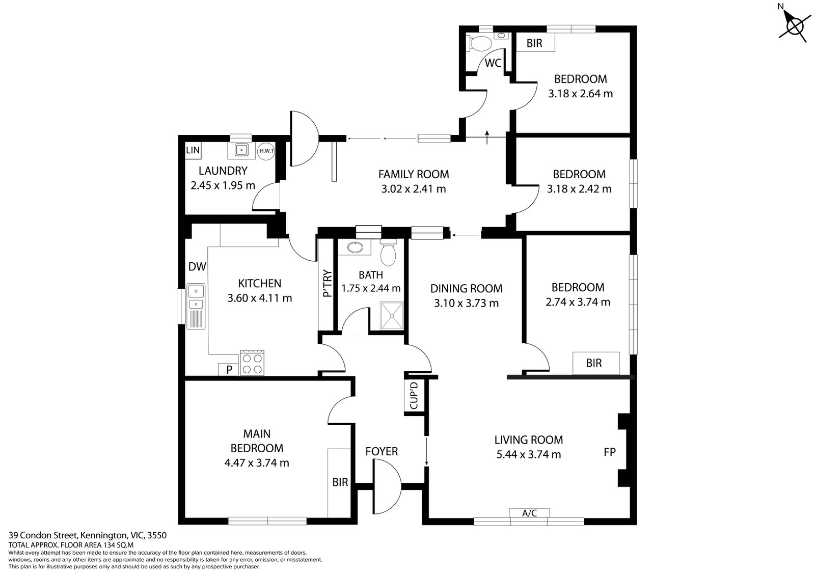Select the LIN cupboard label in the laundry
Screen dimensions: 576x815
pos(193,150)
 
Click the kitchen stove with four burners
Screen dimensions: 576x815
pos(252,363)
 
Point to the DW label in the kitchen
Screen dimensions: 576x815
pos(197,266)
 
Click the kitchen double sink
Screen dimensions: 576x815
pos(196,298)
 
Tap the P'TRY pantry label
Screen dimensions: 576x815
pos(327,284)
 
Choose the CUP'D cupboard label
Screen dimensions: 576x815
pos(414,396)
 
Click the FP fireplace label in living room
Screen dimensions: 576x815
pos(609,452)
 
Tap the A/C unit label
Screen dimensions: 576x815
pos(529,513)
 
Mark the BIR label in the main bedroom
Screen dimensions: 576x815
pos(340,482)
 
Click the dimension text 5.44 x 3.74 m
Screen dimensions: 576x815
pos(529,454)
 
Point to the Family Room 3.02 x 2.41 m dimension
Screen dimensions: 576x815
pos(414,189)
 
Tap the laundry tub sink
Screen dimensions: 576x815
pos(241,150)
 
